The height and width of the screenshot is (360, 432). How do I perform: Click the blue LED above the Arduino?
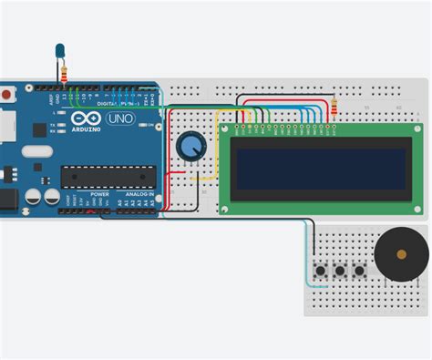60,50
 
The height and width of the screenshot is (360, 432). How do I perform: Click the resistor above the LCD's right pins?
334,109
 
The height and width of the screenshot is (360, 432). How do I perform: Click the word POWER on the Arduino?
99,194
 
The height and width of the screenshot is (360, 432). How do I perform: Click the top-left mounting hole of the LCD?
225,130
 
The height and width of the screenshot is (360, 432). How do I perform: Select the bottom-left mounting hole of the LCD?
225,208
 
